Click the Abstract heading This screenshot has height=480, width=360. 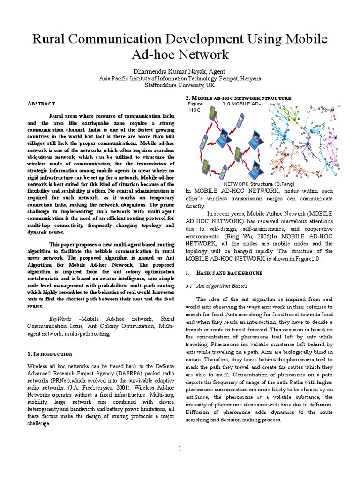(x=42, y=103)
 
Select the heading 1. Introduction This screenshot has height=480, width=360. (x=50, y=354)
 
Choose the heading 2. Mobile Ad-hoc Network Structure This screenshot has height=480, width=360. (x=239, y=97)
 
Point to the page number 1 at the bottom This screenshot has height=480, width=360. (x=180, y=449)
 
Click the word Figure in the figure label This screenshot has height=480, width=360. (x=195, y=103)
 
